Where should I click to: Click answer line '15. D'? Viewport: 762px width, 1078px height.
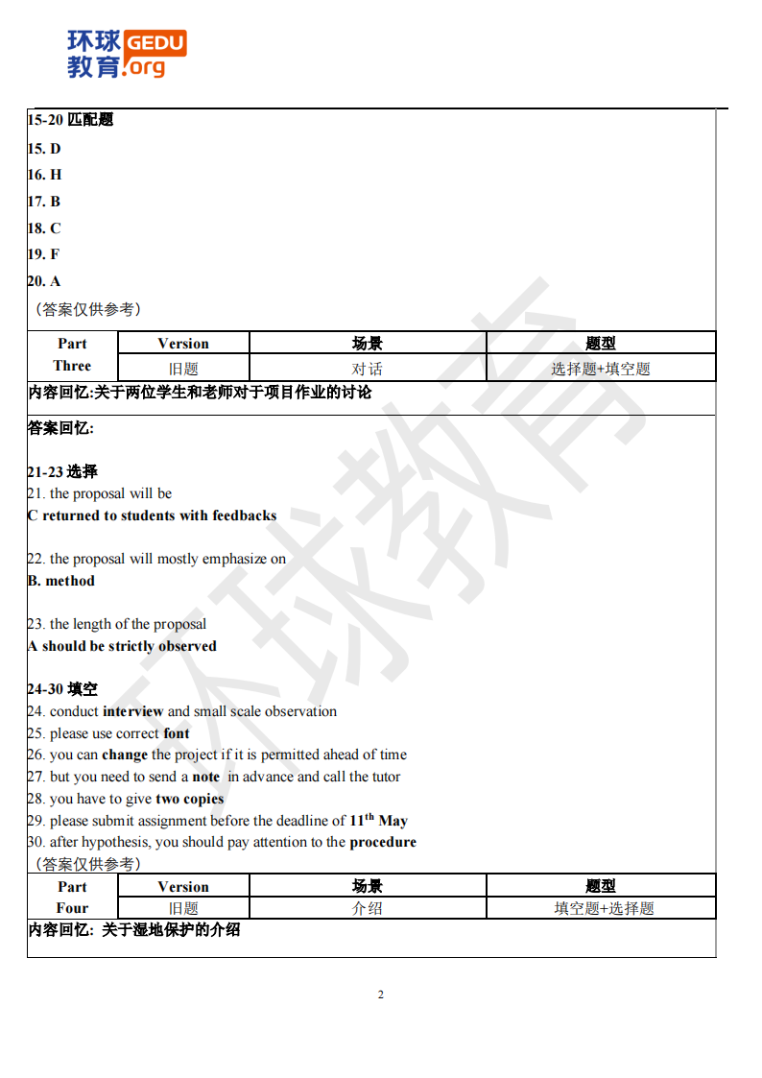(44, 148)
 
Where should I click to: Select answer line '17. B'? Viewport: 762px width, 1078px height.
(44, 202)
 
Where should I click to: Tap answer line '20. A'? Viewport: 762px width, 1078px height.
(44, 281)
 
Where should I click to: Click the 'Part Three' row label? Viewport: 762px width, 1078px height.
(72, 355)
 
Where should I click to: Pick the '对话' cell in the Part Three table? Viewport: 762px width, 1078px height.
(367, 369)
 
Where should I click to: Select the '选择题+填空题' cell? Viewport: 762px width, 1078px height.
(601, 369)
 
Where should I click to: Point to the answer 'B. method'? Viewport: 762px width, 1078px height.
(61, 581)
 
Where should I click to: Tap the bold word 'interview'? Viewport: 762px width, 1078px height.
(133, 711)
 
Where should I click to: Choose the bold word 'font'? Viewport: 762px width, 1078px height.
(177, 733)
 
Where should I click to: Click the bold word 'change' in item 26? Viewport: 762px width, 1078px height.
(125, 755)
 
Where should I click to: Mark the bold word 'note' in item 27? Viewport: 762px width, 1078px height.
(206, 777)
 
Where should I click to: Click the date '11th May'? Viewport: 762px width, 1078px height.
(378, 821)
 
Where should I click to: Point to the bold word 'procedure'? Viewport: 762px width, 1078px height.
(383, 842)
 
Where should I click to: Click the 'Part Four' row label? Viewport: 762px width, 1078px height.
(72, 898)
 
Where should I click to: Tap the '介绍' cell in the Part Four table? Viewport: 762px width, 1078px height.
(367, 908)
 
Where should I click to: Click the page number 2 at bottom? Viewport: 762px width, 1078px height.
(381, 994)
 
